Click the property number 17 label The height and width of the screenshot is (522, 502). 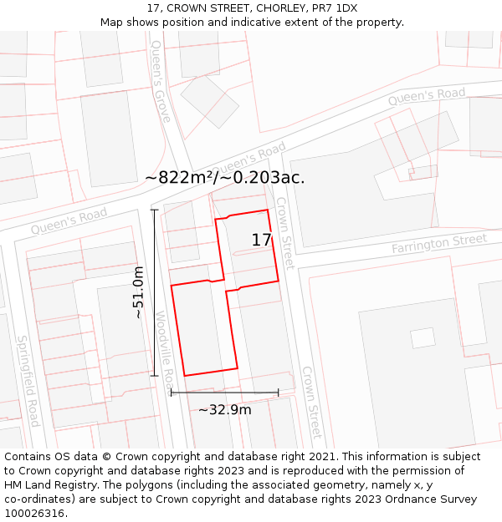pos(261,241)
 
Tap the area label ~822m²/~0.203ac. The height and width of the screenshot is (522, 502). pos(224,177)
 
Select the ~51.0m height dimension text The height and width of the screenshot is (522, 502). pos(139,292)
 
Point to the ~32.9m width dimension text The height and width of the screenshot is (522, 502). pos(224,409)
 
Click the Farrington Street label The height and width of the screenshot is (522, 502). pos(438,244)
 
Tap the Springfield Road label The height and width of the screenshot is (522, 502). pos(28,381)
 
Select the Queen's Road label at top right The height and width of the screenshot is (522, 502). pos(426,97)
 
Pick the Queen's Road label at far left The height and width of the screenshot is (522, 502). pos(69,220)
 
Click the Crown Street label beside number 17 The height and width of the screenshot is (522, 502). pos(285,233)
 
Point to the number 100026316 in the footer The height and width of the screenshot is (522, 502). pos(36,513)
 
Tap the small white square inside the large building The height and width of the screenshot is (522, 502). pos(423,337)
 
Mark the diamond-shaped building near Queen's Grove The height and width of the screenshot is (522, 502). pos(210,101)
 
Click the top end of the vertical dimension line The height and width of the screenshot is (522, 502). pos(155,210)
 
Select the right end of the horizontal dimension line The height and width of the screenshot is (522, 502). pos(278,393)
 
